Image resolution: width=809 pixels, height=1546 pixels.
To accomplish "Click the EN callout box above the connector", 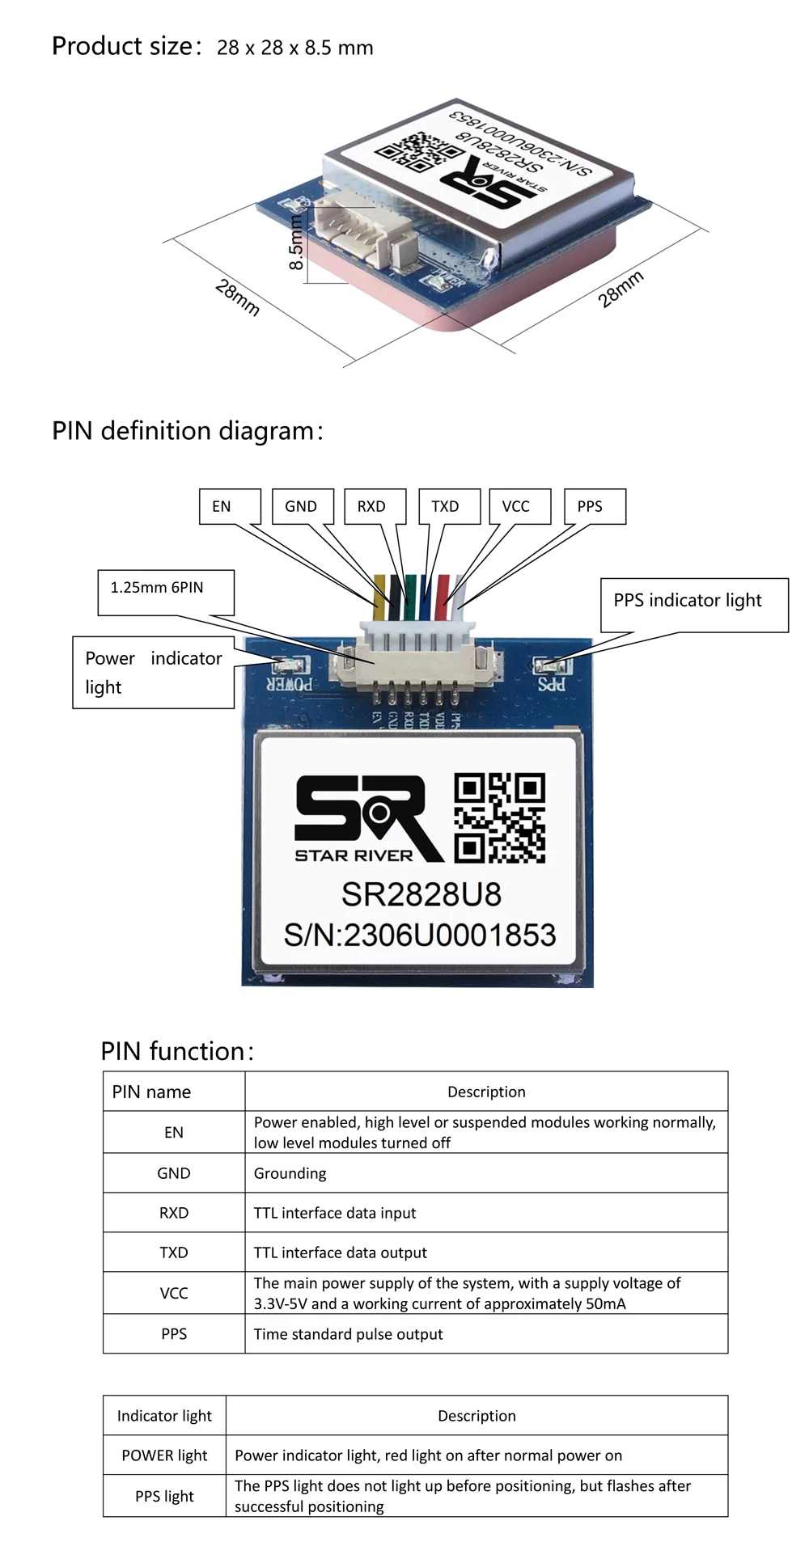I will coord(231,506).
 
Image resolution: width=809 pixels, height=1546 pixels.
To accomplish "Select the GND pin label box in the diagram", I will coord(303,506).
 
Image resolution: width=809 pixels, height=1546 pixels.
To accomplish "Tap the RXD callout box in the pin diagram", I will coord(375,506).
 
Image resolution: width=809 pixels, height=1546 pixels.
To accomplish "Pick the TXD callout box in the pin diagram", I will coord(449,506).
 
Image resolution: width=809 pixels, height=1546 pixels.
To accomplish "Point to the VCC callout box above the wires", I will coord(520,506).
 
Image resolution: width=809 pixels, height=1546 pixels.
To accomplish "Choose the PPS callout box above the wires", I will coord(595,506).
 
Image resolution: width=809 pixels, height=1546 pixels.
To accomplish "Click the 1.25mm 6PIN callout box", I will coord(166,592).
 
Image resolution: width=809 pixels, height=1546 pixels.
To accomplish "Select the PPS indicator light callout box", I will coord(694,604).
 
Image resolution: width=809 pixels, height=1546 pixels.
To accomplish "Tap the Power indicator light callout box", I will coord(154,672).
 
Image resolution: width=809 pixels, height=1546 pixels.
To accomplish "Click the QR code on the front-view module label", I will coord(499,817).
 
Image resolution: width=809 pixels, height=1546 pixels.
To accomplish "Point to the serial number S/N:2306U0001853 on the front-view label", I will coord(420,936).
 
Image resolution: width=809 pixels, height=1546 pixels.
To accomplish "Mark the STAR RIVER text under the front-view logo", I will coord(354,855).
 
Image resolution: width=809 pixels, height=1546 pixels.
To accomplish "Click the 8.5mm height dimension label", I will coord(296,243).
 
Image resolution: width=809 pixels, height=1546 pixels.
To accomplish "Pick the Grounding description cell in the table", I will coord(485,1173).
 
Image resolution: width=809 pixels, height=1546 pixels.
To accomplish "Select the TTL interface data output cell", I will coord(485,1252).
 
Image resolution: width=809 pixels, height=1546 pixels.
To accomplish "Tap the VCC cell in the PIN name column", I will coord(174,1293).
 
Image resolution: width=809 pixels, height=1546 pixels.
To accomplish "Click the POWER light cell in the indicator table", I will coord(164,1455).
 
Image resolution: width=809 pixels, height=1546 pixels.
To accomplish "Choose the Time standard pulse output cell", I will coord(485,1334).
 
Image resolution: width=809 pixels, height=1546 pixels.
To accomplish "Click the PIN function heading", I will coord(177,1051).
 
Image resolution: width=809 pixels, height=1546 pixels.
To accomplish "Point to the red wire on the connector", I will coord(442,598).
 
